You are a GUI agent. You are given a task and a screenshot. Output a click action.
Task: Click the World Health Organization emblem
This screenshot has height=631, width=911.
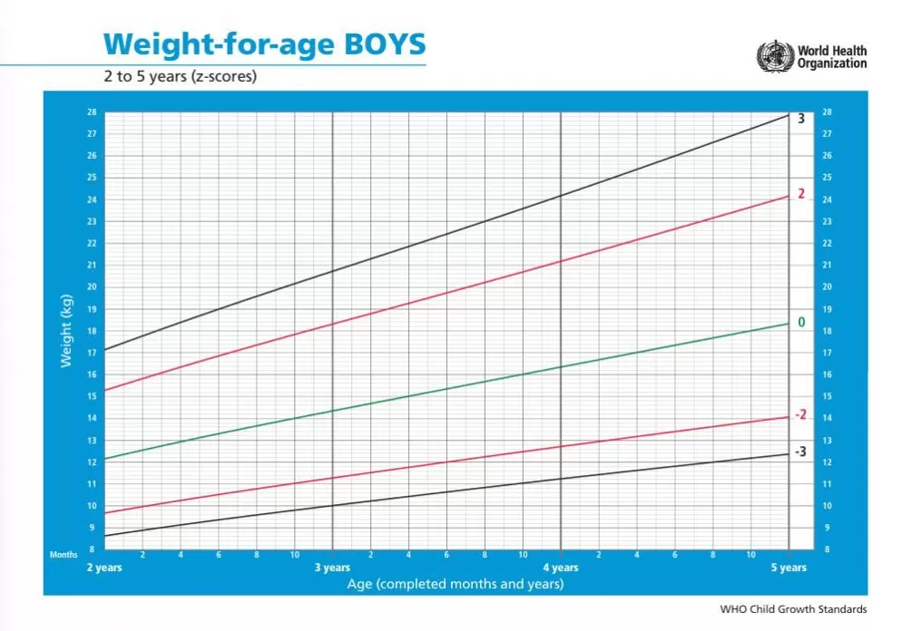click(775, 55)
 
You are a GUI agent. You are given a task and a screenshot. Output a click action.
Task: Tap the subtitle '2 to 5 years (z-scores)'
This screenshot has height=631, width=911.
click(180, 76)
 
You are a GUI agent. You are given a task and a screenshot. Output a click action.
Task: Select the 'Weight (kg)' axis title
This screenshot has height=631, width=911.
click(65, 331)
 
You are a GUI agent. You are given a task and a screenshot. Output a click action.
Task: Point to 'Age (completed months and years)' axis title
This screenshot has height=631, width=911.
click(455, 584)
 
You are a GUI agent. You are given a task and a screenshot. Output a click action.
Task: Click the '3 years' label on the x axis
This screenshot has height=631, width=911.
click(332, 568)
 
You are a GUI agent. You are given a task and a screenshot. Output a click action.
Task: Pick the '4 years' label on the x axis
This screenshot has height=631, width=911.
click(561, 568)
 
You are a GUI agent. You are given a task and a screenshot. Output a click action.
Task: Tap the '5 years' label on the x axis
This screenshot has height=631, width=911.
click(789, 568)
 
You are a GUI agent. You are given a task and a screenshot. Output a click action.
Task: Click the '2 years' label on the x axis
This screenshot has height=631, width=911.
click(104, 568)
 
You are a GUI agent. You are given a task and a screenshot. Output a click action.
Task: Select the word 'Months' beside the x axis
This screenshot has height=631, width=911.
click(64, 554)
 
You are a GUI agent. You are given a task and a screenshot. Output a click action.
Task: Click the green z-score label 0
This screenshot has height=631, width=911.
click(801, 323)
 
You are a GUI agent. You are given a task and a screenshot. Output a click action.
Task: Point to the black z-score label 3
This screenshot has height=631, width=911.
click(801, 119)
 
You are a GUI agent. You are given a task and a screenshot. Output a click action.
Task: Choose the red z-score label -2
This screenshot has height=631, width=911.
click(799, 415)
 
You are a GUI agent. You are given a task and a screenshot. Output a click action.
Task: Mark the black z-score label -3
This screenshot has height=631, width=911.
click(799, 452)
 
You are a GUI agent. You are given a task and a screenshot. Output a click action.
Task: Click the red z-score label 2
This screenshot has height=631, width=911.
click(801, 194)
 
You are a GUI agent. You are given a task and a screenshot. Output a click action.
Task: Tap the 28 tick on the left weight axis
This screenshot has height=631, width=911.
click(92, 112)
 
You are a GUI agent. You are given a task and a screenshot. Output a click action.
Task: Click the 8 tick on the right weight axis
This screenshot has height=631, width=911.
click(827, 549)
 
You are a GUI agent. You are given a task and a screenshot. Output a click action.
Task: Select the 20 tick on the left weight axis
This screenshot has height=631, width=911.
click(92, 287)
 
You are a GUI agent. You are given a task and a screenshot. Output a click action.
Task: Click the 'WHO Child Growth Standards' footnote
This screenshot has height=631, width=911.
click(793, 609)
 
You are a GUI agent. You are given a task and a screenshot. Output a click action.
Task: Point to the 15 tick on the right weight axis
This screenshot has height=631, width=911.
click(827, 397)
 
